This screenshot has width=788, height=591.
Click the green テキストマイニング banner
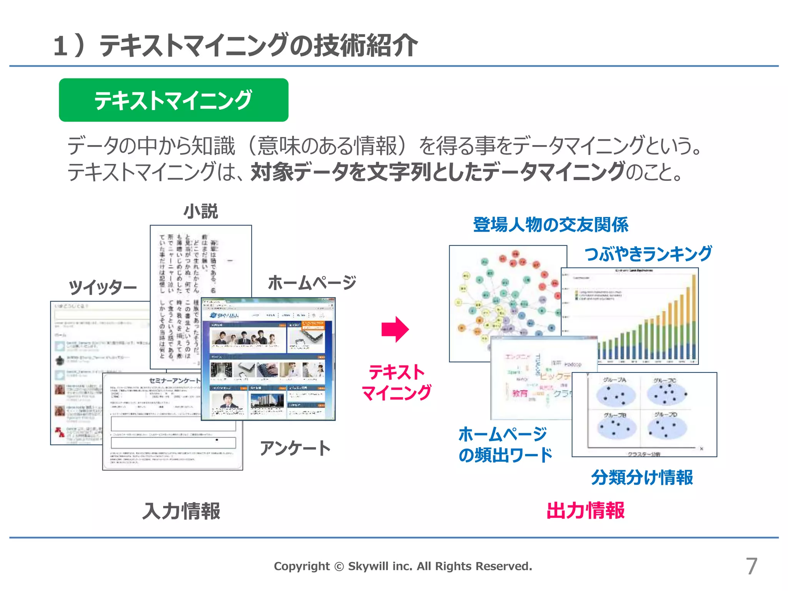pyautogui.click(x=174, y=100)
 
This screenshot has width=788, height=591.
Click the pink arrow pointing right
pyautogui.click(x=395, y=330)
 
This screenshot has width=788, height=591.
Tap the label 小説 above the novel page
pyautogui.click(x=200, y=212)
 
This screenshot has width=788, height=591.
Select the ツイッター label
pyautogui.click(x=103, y=287)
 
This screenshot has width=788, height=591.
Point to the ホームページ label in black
pyautogui.click(x=312, y=283)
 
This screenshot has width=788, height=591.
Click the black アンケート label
pyautogui.click(x=295, y=449)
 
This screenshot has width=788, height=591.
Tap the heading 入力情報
pyautogui.click(x=181, y=511)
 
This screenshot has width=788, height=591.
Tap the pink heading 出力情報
pyautogui.click(x=585, y=511)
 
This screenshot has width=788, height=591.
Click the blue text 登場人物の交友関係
pyautogui.click(x=551, y=225)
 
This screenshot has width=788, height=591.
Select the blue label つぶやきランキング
pyautogui.click(x=648, y=254)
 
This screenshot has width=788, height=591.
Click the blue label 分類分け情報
pyautogui.click(x=642, y=477)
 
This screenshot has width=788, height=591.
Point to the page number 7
pyautogui.click(x=751, y=566)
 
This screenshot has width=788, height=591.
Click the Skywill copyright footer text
pyautogui.click(x=403, y=566)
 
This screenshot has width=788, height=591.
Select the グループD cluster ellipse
pyautogui.click(x=667, y=428)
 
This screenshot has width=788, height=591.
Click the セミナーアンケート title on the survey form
pyautogui.click(x=174, y=380)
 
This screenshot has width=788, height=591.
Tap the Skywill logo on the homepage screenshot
pyautogui.click(x=224, y=316)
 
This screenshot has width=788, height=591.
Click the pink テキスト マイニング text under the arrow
pyautogui.click(x=396, y=382)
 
